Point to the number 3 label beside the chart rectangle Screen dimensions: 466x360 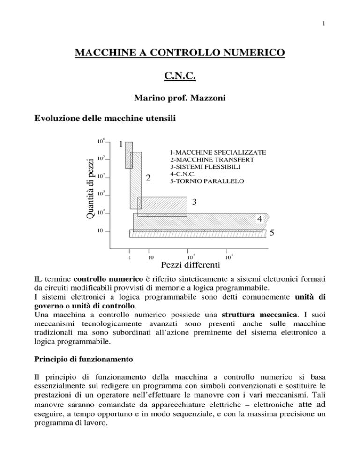pos(195,202)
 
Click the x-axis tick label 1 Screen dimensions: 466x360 pos(129,257)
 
